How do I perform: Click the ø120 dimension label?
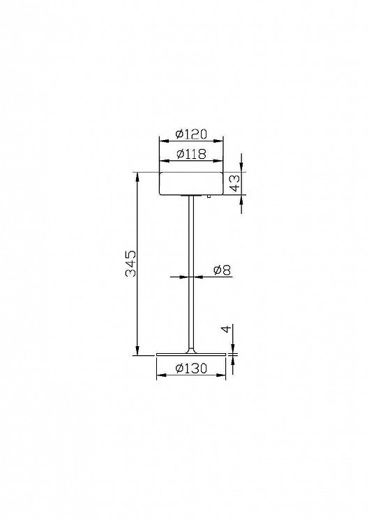click(191, 134)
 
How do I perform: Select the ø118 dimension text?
click(191, 154)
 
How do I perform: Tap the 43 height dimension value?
click(235, 183)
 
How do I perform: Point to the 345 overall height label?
click(130, 263)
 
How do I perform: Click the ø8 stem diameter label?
click(222, 270)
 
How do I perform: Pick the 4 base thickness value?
click(226, 329)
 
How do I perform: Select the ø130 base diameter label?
click(191, 368)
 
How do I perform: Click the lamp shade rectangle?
click(191, 183)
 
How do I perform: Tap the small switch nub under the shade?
click(209, 196)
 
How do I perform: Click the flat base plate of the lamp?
click(191, 355)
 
